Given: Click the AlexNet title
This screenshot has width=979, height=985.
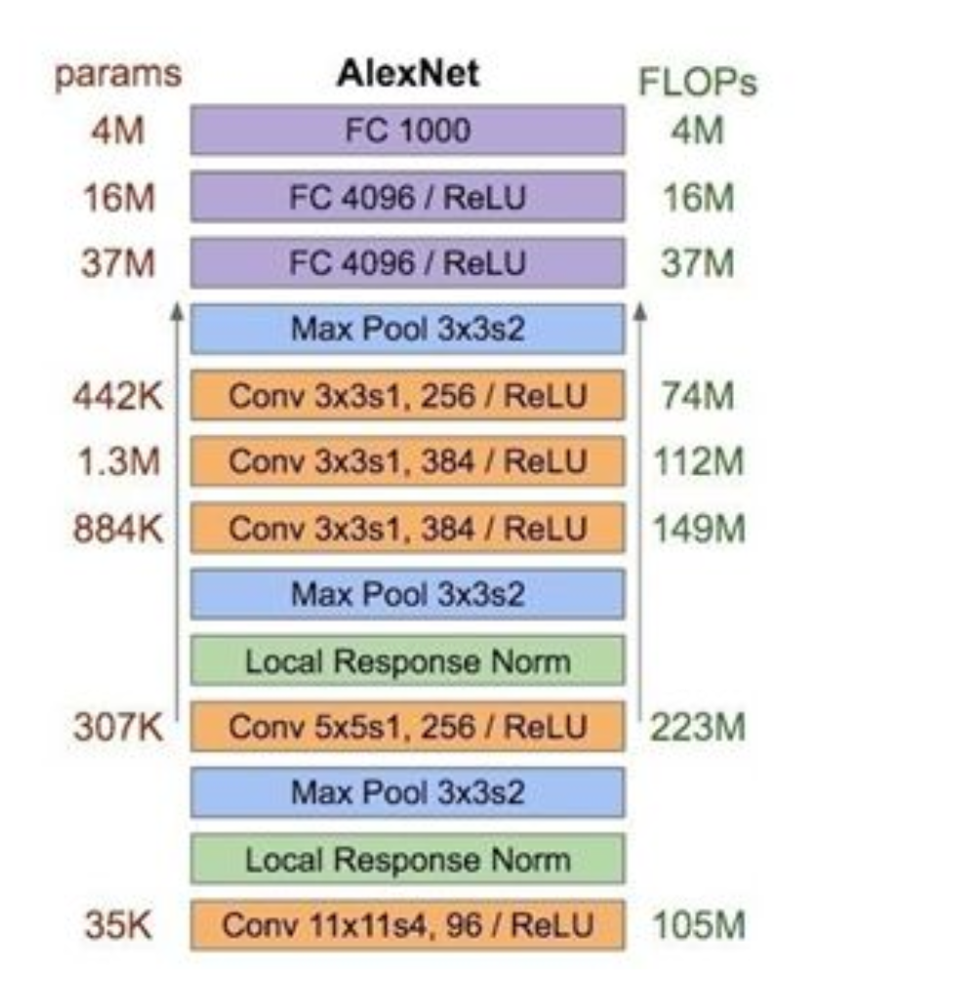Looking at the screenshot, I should tap(407, 74).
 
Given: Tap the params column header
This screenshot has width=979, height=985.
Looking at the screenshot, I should tap(117, 76).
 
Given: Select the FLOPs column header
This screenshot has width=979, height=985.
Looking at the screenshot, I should tap(697, 84).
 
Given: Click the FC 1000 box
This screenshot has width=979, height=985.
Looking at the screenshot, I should tap(407, 131).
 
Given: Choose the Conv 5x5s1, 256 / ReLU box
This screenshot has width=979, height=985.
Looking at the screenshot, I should tap(407, 727).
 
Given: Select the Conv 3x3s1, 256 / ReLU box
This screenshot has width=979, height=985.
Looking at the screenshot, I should tap(407, 396).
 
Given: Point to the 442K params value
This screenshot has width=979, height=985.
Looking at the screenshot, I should tap(117, 396).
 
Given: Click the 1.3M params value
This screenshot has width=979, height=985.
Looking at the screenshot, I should tap(117, 462).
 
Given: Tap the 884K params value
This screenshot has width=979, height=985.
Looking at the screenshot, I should tap(117, 529).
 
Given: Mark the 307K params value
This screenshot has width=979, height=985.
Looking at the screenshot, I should tap(117, 727).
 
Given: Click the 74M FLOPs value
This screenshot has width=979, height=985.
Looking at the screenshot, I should tap(697, 396).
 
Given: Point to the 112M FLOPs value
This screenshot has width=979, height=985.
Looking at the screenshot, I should tap(697, 462).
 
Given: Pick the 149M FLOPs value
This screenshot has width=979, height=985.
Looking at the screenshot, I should tap(697, 529).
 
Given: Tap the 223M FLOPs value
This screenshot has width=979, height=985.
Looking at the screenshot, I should tap(697, 727).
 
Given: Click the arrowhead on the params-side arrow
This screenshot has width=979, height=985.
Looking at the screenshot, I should tap(177, 312).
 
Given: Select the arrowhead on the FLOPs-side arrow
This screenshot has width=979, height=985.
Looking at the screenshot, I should tap(640, 312).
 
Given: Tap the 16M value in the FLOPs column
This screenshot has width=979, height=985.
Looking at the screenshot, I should tap(697, 198).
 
